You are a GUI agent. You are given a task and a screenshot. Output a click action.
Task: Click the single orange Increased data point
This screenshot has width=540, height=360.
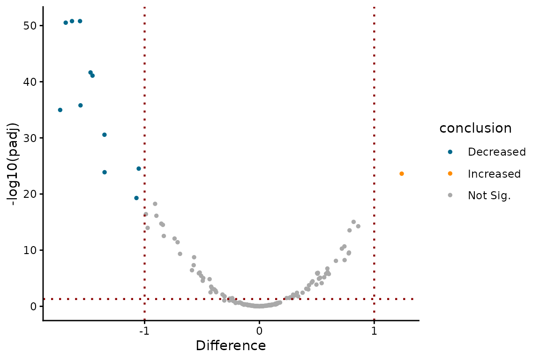402,174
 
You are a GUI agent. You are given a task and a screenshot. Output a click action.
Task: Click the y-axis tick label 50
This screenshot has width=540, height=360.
30,25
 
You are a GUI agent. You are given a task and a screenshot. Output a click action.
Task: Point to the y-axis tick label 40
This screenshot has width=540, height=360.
30,82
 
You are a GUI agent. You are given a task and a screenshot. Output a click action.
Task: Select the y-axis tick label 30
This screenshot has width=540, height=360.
30,138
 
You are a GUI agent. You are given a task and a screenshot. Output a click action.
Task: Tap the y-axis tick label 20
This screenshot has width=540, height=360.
30,194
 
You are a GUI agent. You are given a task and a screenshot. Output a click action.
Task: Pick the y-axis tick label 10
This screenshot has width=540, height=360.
30,250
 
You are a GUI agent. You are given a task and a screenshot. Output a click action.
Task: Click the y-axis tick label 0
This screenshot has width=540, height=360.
34,306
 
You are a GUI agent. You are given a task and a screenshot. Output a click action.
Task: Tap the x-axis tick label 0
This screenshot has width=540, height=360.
259,331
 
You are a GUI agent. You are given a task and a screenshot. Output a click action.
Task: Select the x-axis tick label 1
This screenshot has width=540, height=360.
374,331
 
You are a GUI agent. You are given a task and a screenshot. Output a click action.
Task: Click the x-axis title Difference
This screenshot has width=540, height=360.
231,346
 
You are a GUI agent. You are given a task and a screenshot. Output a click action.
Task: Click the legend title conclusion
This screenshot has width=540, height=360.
475,128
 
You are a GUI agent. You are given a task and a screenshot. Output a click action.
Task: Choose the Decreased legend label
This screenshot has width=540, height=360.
496,152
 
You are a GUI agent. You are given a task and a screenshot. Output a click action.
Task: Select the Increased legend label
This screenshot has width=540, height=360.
494,174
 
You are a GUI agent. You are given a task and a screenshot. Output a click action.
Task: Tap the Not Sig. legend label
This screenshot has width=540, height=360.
489,196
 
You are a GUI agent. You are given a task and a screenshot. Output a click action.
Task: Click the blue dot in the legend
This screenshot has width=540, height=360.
450,152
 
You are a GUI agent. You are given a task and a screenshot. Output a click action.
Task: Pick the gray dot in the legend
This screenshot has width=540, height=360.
450,196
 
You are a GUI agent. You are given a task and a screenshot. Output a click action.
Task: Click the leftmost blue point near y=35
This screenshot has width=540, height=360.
60,110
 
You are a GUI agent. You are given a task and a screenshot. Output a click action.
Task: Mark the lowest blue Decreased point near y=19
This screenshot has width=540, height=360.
136,198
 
